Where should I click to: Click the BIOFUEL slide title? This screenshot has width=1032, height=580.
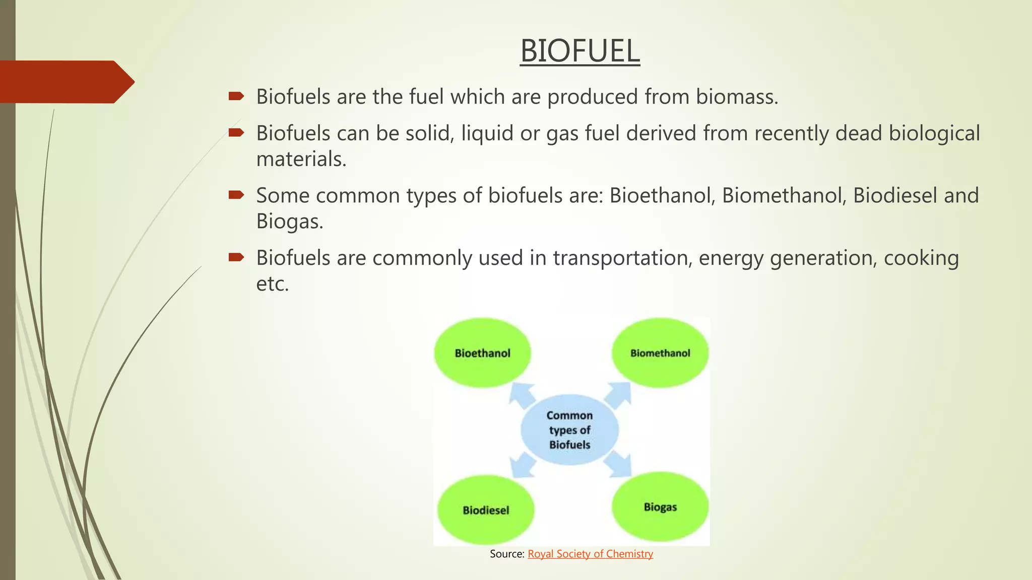coord(579,51)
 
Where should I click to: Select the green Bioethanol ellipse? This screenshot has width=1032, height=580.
coord(482,353)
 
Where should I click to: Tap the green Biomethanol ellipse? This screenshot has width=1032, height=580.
coord(660,353)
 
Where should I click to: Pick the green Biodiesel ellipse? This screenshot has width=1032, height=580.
coord(486,510)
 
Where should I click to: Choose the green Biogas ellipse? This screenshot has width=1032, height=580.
coord(660,506)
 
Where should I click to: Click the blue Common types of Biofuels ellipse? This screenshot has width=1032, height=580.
coord(569,429)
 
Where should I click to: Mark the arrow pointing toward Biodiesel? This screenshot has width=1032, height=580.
coord(522,465)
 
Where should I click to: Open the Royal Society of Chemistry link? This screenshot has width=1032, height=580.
coord(590,554)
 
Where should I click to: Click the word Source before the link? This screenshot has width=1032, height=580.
coord(507,554)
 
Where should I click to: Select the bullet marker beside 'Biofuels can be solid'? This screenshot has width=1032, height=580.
coord(236,133)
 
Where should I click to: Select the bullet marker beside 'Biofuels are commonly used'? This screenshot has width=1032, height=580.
coord(236,258)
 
